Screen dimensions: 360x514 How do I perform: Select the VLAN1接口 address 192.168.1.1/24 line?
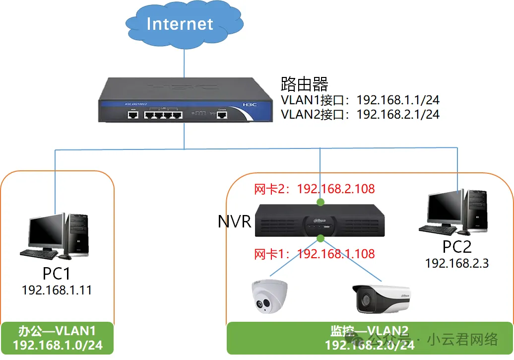coord(360,99)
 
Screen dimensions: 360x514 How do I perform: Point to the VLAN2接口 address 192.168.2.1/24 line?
coord(360,114)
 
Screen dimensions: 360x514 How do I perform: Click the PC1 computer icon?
coord(55,236)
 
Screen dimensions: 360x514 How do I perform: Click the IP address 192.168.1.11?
coord(57,290)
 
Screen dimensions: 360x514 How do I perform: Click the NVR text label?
coord(235,221)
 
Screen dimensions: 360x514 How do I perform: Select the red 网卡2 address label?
coord(314,189)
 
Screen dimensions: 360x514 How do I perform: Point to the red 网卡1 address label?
coord(314,254)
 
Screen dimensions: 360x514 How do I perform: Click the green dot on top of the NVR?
coord(321,202)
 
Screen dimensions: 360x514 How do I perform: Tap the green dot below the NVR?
coord(321,239)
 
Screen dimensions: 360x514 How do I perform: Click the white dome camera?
coord(266,297)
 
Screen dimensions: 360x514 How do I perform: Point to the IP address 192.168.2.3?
coord(456,263)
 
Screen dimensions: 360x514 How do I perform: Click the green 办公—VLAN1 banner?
coord(57,338)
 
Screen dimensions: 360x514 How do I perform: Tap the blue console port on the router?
coord(222,115)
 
